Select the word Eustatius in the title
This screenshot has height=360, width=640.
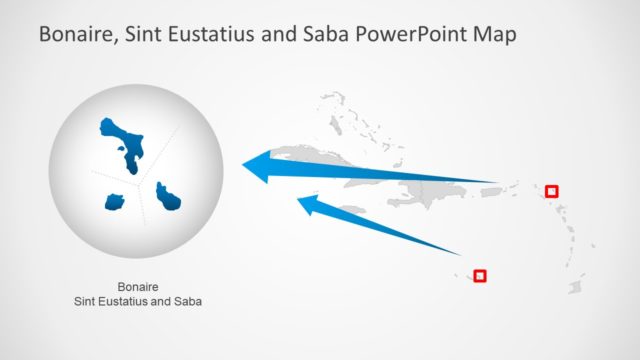click(206, 35)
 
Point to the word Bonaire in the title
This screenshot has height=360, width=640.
click(77, 35)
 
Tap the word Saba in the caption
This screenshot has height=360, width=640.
click(188, 300)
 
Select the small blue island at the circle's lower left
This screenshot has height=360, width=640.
click(114, 201)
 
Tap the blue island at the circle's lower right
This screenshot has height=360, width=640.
click(169, 197)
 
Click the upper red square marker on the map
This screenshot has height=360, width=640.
click(551, 190)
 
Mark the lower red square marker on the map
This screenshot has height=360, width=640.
click(480, 275)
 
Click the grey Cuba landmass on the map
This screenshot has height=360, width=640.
click(330, 156)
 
